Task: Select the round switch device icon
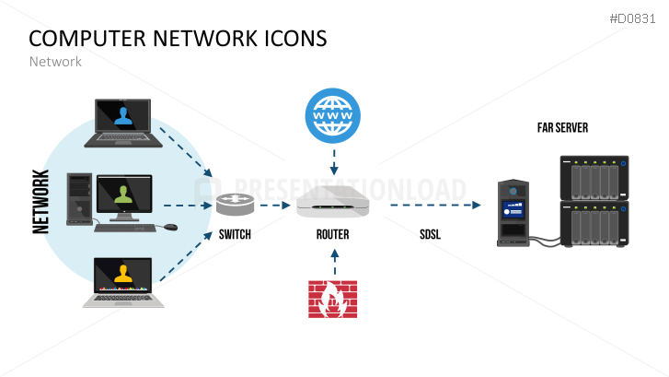[234, 206]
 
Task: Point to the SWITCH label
[235, 235]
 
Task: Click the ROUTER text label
[332, 235]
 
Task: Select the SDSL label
[429, 235]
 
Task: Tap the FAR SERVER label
[562, 128]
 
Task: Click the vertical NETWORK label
[41, 202]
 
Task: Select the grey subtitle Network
[55, 62]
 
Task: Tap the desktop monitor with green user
[123, 194]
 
